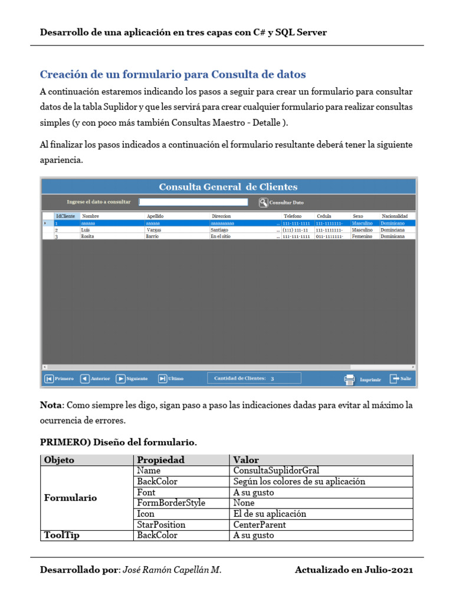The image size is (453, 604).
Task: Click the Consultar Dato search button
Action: (282, 202)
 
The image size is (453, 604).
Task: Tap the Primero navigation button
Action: (59, 379)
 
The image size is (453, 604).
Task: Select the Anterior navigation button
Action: (95, 379)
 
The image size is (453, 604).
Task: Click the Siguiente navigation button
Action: (132, 379)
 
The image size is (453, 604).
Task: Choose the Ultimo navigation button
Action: (171, 379)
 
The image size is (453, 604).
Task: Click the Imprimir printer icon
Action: (349, 380)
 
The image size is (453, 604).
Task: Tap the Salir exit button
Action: (401, 379)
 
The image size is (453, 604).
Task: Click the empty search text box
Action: (193, 202)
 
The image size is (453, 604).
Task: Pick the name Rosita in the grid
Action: (88, 236)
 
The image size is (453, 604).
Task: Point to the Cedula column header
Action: (324, 216)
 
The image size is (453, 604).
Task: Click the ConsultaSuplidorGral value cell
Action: (276, 471)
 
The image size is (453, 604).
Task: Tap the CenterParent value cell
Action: (260, 524)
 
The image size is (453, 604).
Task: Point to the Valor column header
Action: (246, 460)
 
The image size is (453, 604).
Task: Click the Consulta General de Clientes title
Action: (228, 187)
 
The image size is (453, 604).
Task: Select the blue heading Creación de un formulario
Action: (172, 74)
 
